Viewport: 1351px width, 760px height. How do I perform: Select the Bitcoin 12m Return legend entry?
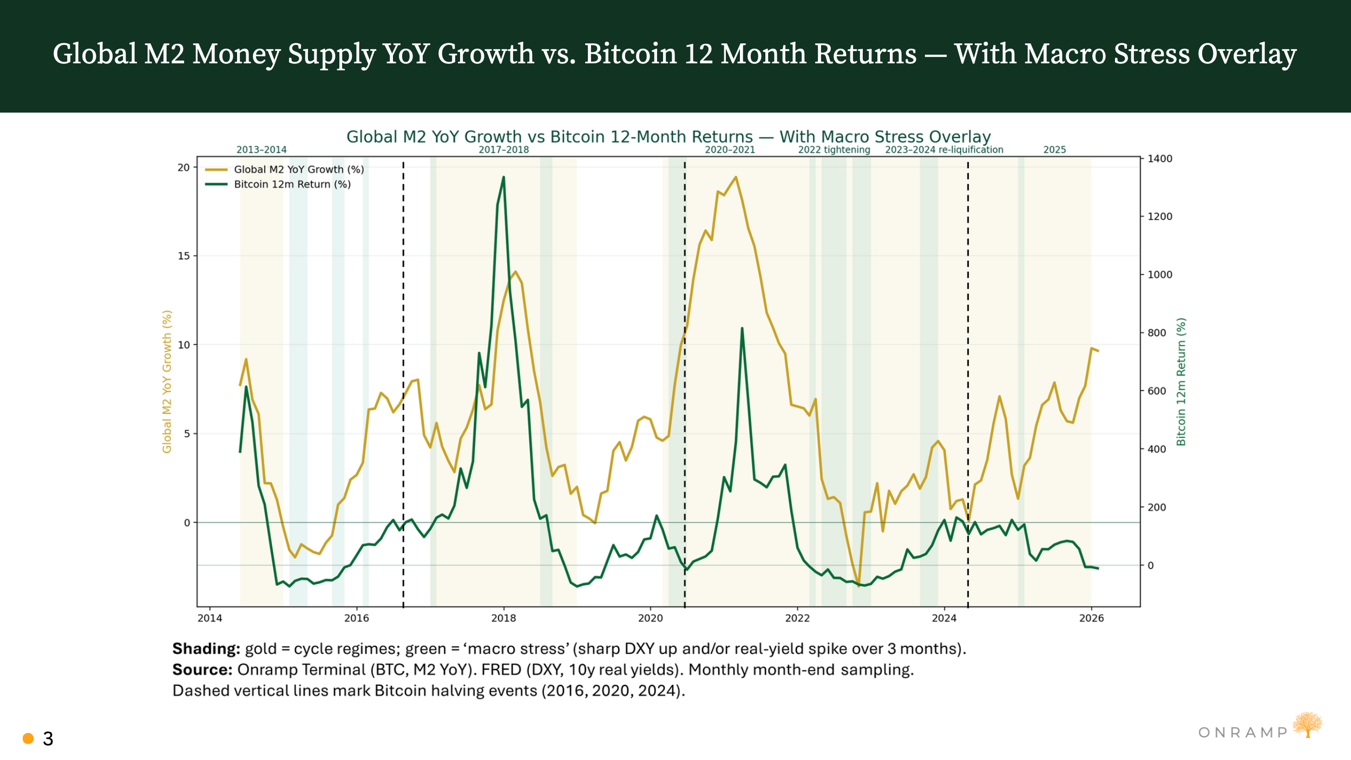point(292,184)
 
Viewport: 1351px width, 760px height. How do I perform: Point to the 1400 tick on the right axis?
point(1159,159)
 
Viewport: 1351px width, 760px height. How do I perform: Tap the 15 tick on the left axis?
point(184,255)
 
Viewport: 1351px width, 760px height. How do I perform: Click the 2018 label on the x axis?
point(503,618)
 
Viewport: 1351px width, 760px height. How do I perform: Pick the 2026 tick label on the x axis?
point(1091,618)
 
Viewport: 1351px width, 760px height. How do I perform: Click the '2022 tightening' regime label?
point(834,149)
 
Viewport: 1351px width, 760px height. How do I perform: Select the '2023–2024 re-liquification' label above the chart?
point(944,149)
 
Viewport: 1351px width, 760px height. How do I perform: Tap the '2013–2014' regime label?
point(261,149)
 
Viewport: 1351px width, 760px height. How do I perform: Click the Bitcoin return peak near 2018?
point(503,178)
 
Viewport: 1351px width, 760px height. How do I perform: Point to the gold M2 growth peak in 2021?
point(735,177)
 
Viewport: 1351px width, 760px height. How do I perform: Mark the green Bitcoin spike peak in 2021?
point(742,329)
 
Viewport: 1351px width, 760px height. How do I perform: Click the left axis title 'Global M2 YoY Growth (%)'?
point(167,382)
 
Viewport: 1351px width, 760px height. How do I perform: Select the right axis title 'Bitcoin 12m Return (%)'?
point(1181,382)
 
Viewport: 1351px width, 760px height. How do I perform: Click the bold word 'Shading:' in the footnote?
point(206,648)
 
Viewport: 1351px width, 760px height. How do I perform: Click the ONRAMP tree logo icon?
point(1308,725)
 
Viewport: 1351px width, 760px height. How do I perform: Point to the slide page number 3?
point(48,739)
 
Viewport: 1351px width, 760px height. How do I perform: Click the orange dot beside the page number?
point(28,738)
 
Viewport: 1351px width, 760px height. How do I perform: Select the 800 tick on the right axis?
point(1157,333)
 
